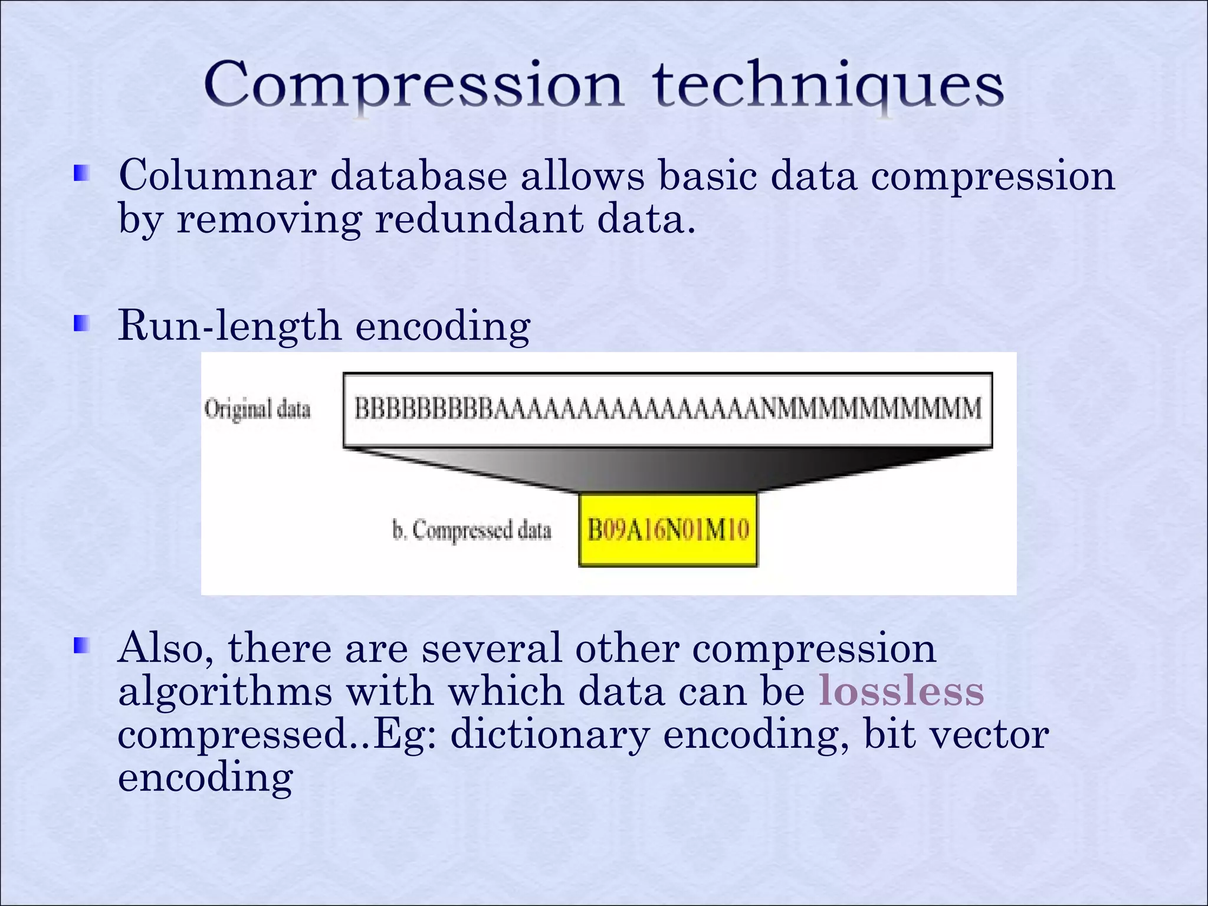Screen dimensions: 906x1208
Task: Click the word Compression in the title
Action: click(x=413, y=86)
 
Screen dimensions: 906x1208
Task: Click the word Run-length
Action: click(x=229, y=326)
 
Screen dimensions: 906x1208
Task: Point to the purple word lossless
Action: click(x=901, y=691)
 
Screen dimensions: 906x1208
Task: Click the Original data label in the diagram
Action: click(x=257, y=409)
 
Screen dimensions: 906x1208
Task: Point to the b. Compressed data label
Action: click(x=471, y=530)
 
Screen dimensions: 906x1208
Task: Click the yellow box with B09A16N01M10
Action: click(x=668, y=530)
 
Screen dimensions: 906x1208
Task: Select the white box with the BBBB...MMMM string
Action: click(x=667, y=409)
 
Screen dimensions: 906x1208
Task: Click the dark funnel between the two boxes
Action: click(x=667, y=469)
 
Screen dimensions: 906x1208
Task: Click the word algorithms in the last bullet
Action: click(x=225, y=691)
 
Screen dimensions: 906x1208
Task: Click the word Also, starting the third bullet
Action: click(x=166, y=648)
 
